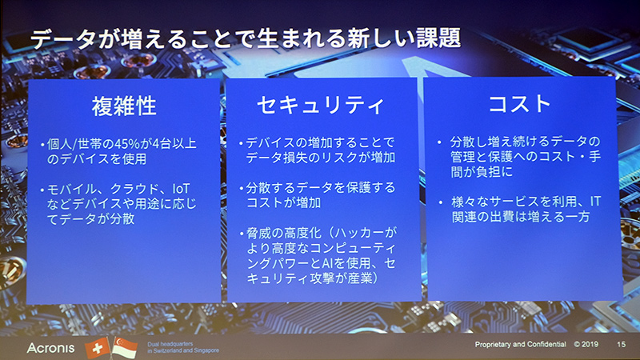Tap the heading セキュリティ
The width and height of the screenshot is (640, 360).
(320, 106)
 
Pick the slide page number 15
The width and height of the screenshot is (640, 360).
(621, 345)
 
